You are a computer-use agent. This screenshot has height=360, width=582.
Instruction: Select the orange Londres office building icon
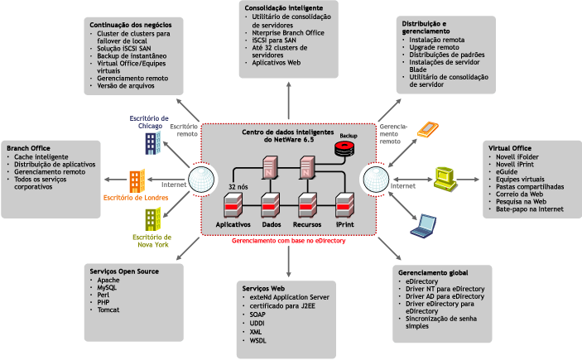[136, 181]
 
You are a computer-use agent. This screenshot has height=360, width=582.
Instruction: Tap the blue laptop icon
[426, 224]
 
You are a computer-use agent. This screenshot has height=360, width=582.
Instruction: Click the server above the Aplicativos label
[233, 204]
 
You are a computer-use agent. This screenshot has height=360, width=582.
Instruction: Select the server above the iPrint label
[344, 204]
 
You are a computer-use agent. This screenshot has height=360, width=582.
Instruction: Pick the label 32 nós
[238, 187]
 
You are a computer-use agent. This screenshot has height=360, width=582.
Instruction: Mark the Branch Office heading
[30, 148]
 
